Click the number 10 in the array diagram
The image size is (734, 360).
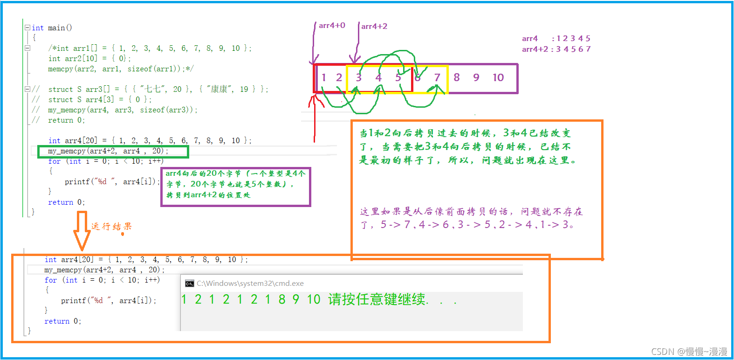[498, 77]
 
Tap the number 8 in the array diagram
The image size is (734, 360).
[457, 77]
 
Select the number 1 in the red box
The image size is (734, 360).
[324, 77]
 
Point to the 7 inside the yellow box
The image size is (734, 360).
[437, 77]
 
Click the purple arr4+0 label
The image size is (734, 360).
[332, 26]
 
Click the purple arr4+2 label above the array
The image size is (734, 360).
[374, 27]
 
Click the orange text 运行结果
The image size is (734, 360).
[111, 227]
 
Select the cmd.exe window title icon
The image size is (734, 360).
[189, 284]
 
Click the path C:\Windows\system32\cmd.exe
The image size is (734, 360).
[250, 284]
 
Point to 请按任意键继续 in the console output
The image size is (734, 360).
[377, 299]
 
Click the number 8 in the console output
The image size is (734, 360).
[282, 299]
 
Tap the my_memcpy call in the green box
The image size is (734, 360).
[108, 151]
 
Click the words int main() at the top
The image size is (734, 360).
[52, 28]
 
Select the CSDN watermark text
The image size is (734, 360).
[689, 351]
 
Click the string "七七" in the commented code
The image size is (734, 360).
[151, 89]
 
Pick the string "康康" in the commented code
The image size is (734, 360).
[217, 89]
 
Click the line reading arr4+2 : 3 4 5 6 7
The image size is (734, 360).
[556, 49]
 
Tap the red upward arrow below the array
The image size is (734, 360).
[315, 119]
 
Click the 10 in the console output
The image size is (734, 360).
[313, 299]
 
